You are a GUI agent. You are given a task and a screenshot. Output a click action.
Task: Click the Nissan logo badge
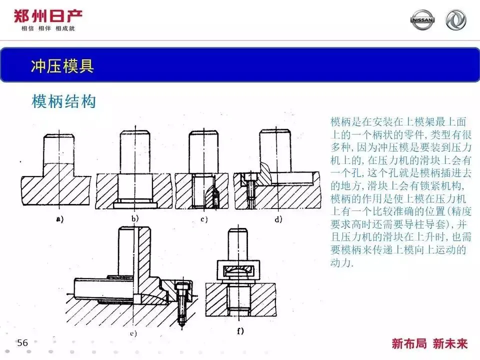click(x=422, y=20)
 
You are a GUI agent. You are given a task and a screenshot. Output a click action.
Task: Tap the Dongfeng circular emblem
click(x=455, y=20)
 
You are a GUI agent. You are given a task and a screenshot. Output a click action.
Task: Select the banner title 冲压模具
click(x=62, y=66)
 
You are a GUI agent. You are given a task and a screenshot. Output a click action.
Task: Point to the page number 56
click(x=22, y=342)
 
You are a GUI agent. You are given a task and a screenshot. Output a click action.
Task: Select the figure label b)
click(x=135, y=218)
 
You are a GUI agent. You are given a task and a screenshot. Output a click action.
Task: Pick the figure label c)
click(x=203, y=218)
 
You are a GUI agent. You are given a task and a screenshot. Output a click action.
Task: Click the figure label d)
click(x=278, y=218)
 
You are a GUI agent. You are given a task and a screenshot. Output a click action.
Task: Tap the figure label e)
click(x=133, y=332)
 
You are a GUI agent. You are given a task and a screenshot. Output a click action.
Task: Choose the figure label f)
click(x=239, y=330)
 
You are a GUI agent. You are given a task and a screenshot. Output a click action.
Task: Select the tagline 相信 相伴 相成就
click(x=48, y=29)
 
